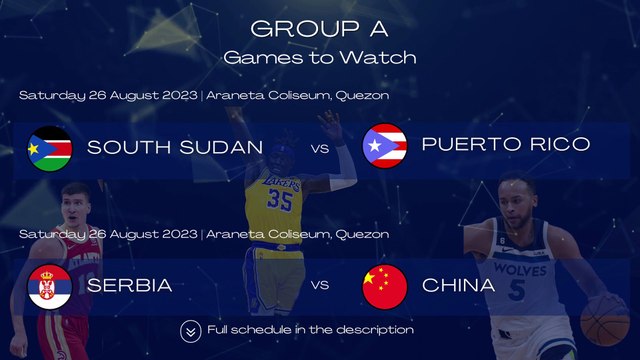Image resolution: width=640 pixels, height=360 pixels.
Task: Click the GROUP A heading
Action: click(x=320, y=28)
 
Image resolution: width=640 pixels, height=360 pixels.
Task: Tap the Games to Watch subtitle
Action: click(x=320, y=57)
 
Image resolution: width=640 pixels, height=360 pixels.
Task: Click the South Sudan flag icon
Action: click(x=48, y=148)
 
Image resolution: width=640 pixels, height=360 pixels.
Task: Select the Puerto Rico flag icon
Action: click(x=384, y=146)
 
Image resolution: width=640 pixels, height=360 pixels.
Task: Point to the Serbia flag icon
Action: click(x=48, y=286)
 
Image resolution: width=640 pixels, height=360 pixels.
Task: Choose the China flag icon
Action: click(x=384, y=286)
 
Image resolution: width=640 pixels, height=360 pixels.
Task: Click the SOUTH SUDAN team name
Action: click(x=175, y=147)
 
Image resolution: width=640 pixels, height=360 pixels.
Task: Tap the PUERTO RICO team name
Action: click(x=505, y=145)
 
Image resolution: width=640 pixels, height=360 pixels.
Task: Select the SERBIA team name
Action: click(x=130, y=286)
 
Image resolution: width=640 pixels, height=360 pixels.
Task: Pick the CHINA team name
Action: click(x=459, y=286)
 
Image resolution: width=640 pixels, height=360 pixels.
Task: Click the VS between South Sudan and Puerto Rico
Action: click(x=320, y=149)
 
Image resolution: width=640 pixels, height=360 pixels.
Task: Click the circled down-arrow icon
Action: click(x=190, y=330)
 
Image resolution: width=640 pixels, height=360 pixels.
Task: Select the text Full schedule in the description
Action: click(x=310, y=330)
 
